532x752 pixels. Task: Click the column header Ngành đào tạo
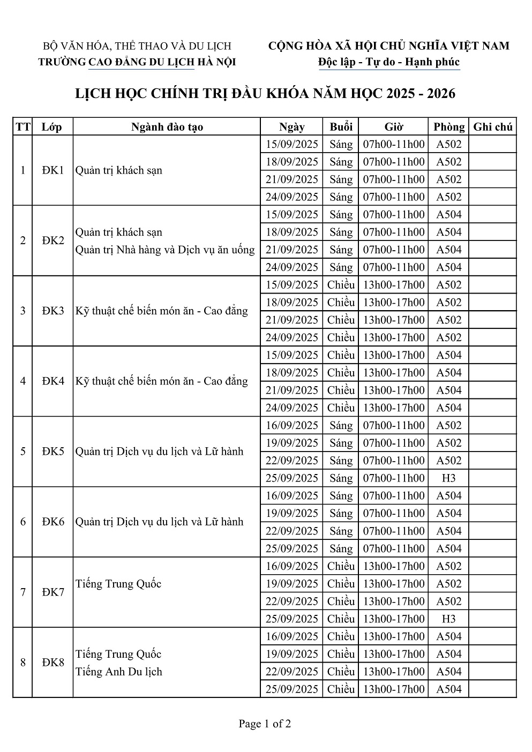(x=167, y=127)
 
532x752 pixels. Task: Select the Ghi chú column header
(x=493, y=127)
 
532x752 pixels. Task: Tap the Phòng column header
(x=449, y=127)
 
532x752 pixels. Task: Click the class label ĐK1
(x=53, y=170)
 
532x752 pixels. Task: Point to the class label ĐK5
(x=53, y=452)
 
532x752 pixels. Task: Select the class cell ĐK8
(x=53, y=663)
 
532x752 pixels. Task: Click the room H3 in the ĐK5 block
(x=448, y=478)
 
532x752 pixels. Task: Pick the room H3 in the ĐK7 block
(x=448, y=619)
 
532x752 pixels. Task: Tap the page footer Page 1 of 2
(x=265, y=724)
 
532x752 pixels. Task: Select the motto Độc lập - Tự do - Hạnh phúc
(x=388, y=62)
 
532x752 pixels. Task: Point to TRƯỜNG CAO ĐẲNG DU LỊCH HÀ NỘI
(x=137, y=62)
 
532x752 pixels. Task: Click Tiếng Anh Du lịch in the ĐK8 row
(x=118, y=672)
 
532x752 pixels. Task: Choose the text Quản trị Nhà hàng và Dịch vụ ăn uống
(x=165, y=250)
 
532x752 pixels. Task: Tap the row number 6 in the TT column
(x=23, y=522)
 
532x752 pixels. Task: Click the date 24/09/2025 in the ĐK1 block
(x=292, y=197)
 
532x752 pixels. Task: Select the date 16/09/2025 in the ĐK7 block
(x=292, y=566)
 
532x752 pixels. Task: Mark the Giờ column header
(x=394, y=127)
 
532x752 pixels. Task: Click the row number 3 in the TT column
(x=23, y=311)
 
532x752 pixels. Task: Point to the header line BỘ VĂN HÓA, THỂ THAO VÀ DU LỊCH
(x=137, y=47)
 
